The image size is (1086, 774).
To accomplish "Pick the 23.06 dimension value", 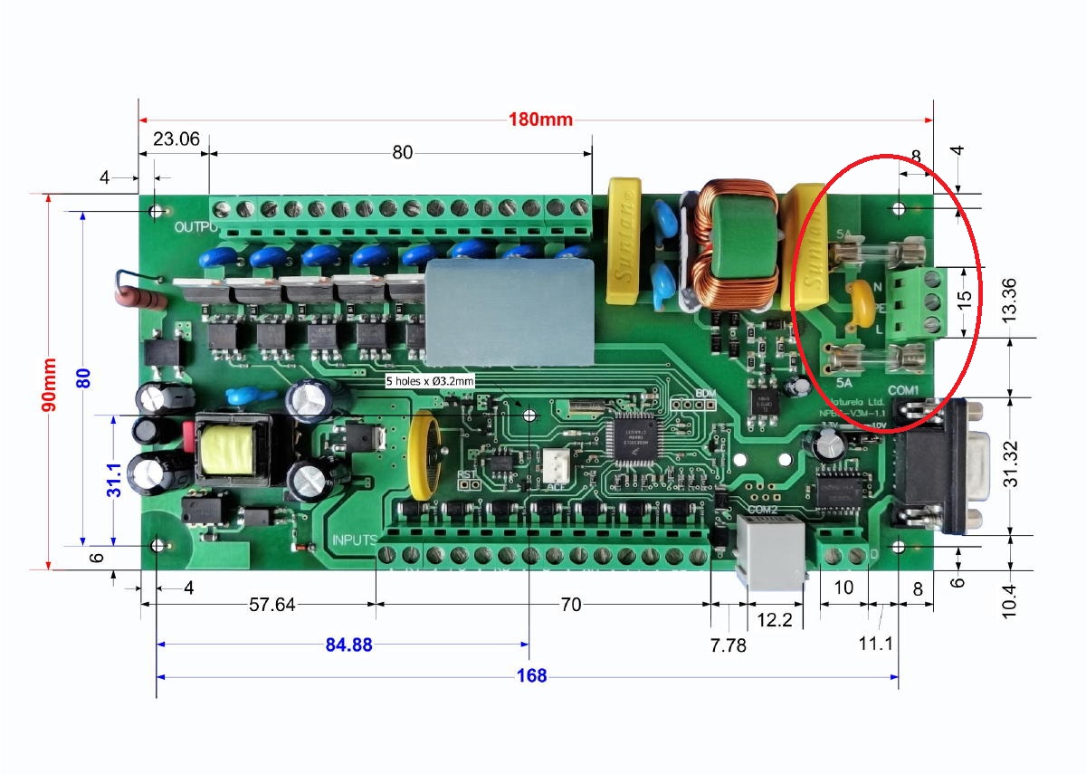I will coord(176,139).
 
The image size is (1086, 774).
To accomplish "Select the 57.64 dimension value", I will coord(271,605).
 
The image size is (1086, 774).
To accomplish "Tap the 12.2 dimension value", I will coord(774,620).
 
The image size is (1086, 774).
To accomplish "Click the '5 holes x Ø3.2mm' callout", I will coord(430,381).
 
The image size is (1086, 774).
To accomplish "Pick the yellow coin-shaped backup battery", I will coord(424,456).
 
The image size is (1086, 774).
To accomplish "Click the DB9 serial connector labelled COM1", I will coord(937,464).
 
